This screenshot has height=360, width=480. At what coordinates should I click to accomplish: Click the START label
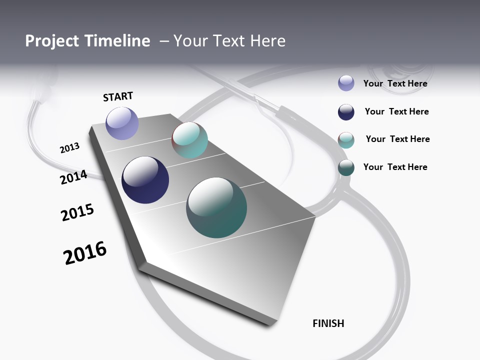click(118, 96)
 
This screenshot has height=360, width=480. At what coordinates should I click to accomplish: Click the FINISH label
click(328, 323)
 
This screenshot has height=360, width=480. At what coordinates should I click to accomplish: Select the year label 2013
click(69, 148)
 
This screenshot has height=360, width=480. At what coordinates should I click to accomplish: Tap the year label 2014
click(73, 177)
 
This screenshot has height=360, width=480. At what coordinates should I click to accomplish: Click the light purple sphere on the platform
click(122, 123)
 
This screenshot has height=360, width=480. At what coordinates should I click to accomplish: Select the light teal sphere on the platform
click(189, 140)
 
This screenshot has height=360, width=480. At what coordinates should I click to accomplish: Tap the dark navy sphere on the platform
click(145, 180)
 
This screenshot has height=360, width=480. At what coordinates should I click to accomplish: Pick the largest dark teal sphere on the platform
click(216, 207)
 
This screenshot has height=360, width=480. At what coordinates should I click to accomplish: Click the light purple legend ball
click(346, 83)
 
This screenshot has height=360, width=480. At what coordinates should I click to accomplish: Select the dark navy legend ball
click(346, 112)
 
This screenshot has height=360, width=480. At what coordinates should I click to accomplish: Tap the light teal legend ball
click(346, 140)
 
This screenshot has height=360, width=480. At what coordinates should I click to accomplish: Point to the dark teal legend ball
click(346, 167)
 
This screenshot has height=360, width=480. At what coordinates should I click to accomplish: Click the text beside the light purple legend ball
click(395, 83)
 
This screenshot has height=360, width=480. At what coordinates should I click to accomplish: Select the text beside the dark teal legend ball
click(395, 167)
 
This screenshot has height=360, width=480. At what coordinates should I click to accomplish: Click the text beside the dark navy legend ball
click(396, 111)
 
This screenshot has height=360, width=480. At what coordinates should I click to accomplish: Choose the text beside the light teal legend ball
click(397, 139)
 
